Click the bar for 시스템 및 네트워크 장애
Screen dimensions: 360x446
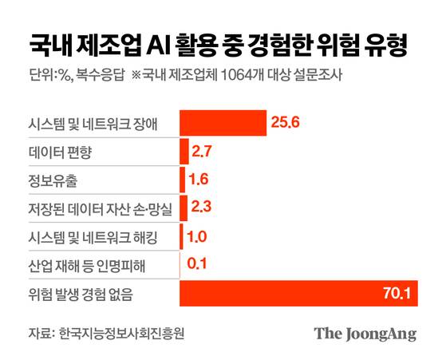tap(223, 122)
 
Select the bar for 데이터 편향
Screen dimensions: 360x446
tap(184, 151)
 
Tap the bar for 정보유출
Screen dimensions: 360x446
tap(182, 179)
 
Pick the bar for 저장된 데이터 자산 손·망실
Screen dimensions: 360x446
tap(183, 208)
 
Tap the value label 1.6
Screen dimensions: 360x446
tap(200, 180)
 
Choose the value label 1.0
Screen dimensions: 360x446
tap(197, 236)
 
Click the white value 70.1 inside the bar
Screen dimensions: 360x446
tap(397, 294)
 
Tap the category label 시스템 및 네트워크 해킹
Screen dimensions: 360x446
tap(84, 236)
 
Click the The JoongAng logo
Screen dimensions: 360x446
tap(365, 334)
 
